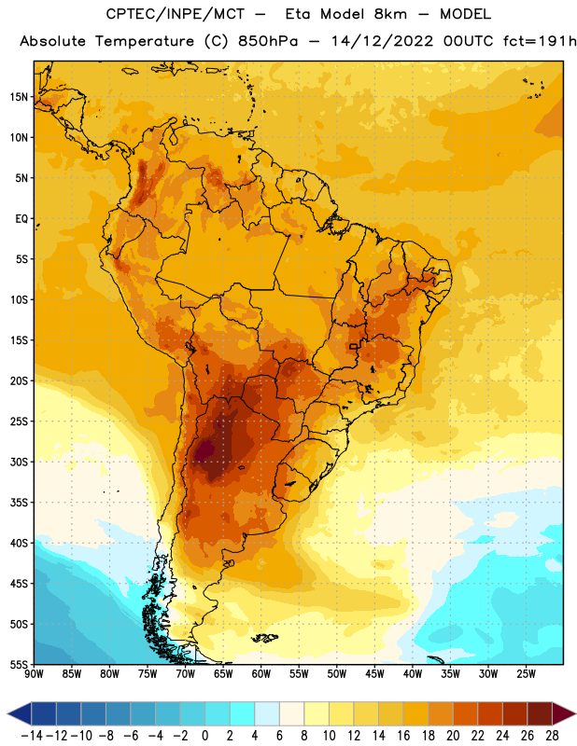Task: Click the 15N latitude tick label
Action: pyautogui.click(x=19, y=97)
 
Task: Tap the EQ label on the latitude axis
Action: pyautogui.click(x=21, y=219)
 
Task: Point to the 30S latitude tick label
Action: pyautogui.click(x=19, y=462)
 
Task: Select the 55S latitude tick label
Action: pyautogui.click(x=19, y=665)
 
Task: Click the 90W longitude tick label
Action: pyautogui.click(x=34, y=673)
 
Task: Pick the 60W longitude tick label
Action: pyautogui.click(x=261, y=673)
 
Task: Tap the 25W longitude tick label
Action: pyautogui.click(x=526, y=673)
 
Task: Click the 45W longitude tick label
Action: pyautogui.click(x=374, y=673)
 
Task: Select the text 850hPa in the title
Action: pyautogui.click(x=268, y=41)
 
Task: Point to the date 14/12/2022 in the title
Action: pyautogui.click(x=382, y=41)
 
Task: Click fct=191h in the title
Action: pyautogui.click(x=540, y=41)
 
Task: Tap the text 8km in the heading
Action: pyautogui.click(x=390, y=14)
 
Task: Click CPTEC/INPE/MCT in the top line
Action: pyautogui.click(x=175, y=14)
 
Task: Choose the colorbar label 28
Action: pyautogui.click(x=552, y=736)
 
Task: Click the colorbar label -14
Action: pyautogui.click(x=32, y=736)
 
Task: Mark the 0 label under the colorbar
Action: pyautogui.click(x=204, y=736)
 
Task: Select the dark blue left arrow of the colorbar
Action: pyautogui.click(x=19, y=713)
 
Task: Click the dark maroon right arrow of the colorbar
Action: pyautogui.click(x=564, y=713)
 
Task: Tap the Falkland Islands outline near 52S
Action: pyautogui.click(x=265, y=638)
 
